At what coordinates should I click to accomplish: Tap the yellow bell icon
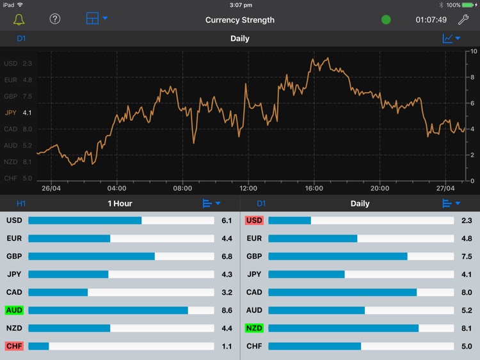19,19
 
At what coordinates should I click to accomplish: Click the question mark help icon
55,19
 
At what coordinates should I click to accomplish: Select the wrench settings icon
463,19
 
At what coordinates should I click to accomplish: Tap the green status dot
386,20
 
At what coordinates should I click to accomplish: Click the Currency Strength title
240,20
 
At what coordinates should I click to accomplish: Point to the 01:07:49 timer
431,20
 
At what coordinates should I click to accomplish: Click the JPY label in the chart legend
11,113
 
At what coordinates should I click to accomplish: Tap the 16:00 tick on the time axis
314,189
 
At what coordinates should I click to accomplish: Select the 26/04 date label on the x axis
51,189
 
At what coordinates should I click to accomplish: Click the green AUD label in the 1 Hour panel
14,310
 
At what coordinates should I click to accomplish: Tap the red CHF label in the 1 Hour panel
14,346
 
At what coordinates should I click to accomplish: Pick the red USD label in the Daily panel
254,221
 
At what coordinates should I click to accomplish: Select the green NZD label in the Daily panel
254,328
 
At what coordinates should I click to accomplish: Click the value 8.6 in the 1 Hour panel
227,310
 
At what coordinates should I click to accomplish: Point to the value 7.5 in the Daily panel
467,256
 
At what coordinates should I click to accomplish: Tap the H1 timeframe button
21,203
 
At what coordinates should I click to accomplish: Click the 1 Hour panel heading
120,203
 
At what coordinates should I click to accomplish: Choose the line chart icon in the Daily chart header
448,38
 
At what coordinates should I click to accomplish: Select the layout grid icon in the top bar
93,19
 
